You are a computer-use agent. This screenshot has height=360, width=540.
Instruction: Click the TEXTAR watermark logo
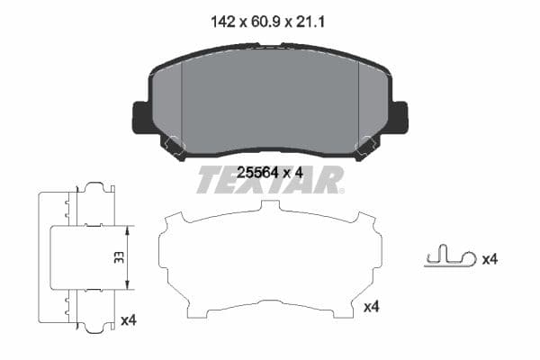point(270,181)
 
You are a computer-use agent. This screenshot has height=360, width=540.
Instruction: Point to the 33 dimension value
point(117,257)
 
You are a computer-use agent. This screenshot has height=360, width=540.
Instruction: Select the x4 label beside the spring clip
point(490,259)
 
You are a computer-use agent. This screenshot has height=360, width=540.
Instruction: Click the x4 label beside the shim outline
point(371,308)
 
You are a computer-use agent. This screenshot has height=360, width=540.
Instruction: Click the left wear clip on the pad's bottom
point(173,145)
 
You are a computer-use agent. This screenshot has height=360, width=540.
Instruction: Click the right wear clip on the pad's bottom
point(366,145)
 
